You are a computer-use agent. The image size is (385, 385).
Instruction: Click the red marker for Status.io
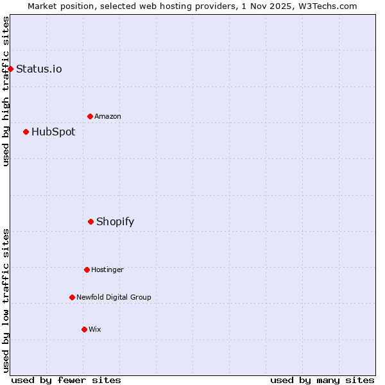pos(10,69)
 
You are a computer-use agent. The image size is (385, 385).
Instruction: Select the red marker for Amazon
pos(90,116)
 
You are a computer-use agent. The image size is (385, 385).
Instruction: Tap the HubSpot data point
pos(26,132)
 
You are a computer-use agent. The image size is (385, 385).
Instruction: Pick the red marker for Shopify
pos(90,221)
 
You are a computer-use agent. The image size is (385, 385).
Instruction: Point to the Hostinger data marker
pos(87,269)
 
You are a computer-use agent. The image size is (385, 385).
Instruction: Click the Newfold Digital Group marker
pos(72,297)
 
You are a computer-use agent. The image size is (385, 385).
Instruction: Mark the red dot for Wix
pos(84,329)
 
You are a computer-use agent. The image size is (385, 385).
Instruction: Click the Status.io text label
pos(38,69)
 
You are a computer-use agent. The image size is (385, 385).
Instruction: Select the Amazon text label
pos(108,116)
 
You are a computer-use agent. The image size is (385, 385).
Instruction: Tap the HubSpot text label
pos(53,132)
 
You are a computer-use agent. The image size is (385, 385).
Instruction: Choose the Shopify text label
pos(115,221)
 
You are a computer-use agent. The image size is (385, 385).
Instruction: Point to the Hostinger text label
pos(107,269)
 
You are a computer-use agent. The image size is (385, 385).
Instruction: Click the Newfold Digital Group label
pos(114,297)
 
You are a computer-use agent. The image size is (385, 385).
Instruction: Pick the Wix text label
pos(95,329)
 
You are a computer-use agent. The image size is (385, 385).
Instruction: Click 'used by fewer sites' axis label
pos(66,380)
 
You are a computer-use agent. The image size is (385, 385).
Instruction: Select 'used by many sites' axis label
pos(322,380)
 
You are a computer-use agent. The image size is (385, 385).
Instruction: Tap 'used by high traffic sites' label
pos(6,91)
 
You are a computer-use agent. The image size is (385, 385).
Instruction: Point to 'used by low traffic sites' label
pos(6,300)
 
